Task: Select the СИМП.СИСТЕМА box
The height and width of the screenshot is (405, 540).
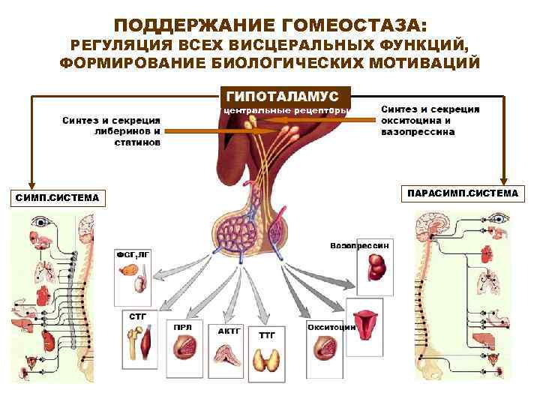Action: [58, 198]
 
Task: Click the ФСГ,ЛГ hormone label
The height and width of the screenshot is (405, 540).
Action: [132, 254]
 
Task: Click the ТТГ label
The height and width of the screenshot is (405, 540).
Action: [267, 334]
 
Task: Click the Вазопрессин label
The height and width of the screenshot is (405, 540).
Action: [360, 246]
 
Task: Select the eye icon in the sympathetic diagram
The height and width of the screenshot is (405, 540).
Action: [40, 222]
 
